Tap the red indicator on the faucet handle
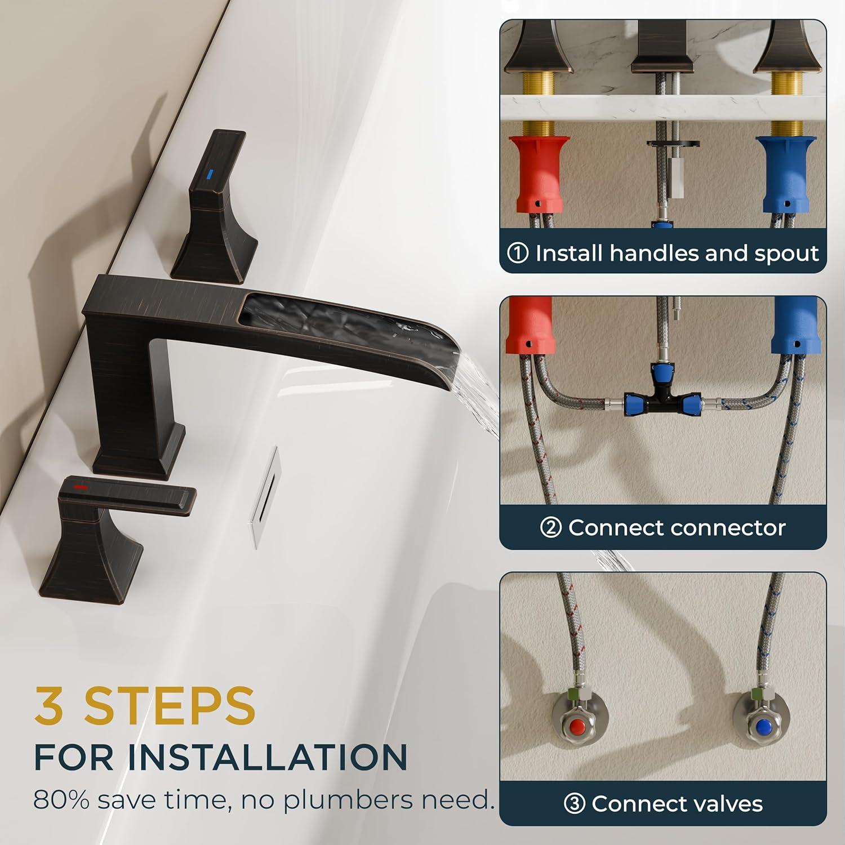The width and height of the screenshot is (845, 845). click(81, 485)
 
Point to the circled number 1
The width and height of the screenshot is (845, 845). click(518, 253)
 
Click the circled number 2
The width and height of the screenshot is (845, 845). click(550, 528)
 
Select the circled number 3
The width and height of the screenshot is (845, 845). click(575, 803)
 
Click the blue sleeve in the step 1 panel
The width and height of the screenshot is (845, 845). click(787, 174)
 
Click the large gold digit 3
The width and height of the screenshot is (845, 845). click(50, 706)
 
